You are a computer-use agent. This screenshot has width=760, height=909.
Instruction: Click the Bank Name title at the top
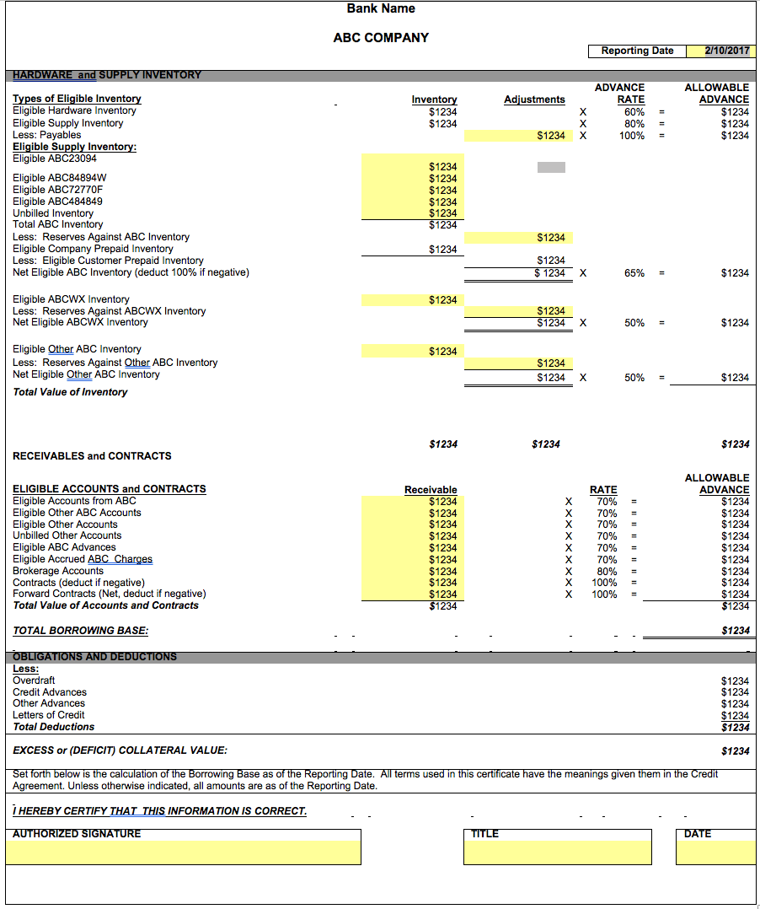tap(381, 8)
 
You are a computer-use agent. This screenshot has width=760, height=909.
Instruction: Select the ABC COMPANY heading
tap(381, 38)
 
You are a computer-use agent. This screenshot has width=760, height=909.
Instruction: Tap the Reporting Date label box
tap(637, 51)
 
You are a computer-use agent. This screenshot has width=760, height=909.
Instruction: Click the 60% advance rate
tap(634, 111)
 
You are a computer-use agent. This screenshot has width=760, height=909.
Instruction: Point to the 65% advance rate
tap(634, 273)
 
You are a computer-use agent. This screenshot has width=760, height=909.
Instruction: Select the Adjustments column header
tap(534, 100)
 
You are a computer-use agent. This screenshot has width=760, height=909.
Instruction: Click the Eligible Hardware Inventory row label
tap(74, 110)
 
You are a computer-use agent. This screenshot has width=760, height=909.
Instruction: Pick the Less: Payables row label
tap(47, 135)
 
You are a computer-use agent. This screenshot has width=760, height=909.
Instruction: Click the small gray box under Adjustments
tap(551, 167)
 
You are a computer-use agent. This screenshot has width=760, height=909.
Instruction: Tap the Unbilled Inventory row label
tap(53, 213)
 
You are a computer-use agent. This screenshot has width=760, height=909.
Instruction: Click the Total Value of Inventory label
tap(70, 392)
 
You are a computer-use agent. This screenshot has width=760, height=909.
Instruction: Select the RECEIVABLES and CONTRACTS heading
tap(92, 456)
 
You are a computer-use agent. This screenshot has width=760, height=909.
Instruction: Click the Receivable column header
tap(431, 490)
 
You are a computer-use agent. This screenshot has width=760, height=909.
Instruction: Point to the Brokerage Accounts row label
tap(58, 571)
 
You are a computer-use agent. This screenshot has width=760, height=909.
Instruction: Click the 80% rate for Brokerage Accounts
tap(607, 571)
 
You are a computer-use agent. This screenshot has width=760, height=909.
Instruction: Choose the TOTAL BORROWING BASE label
tap(80, 631)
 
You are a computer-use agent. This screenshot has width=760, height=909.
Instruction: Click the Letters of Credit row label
tap(49, 715)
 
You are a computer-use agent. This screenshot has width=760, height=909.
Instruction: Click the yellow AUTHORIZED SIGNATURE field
tap(183, 852)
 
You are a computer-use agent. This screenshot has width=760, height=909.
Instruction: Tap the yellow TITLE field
tap(557, 852)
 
